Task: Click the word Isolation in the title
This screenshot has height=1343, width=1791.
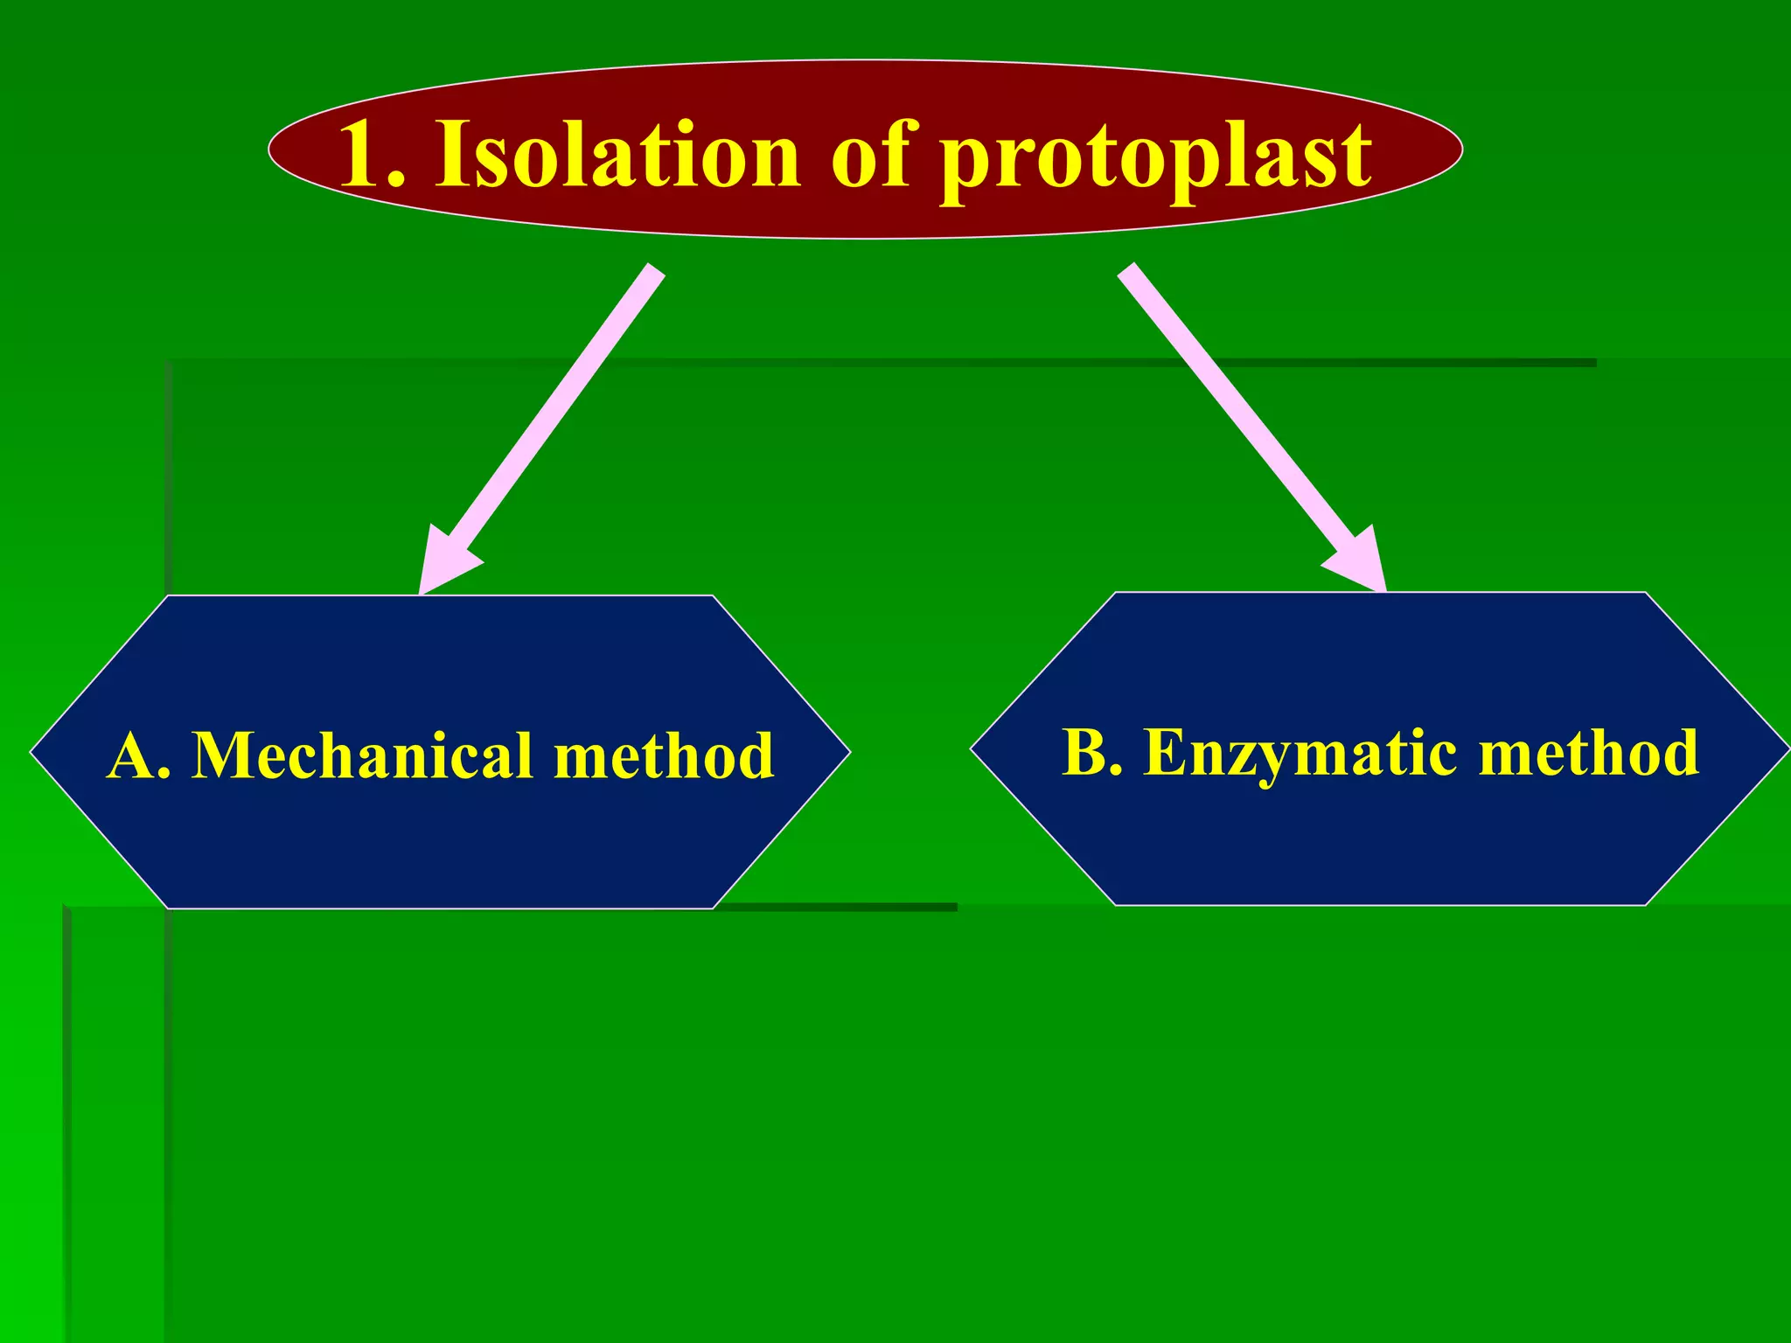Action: pyautogui.click(x=617, y=156)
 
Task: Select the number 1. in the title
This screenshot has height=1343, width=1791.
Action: pyautogui.click(x=373, y=156)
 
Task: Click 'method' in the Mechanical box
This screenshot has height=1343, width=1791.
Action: pyautogui.click(x=664, y=755)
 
